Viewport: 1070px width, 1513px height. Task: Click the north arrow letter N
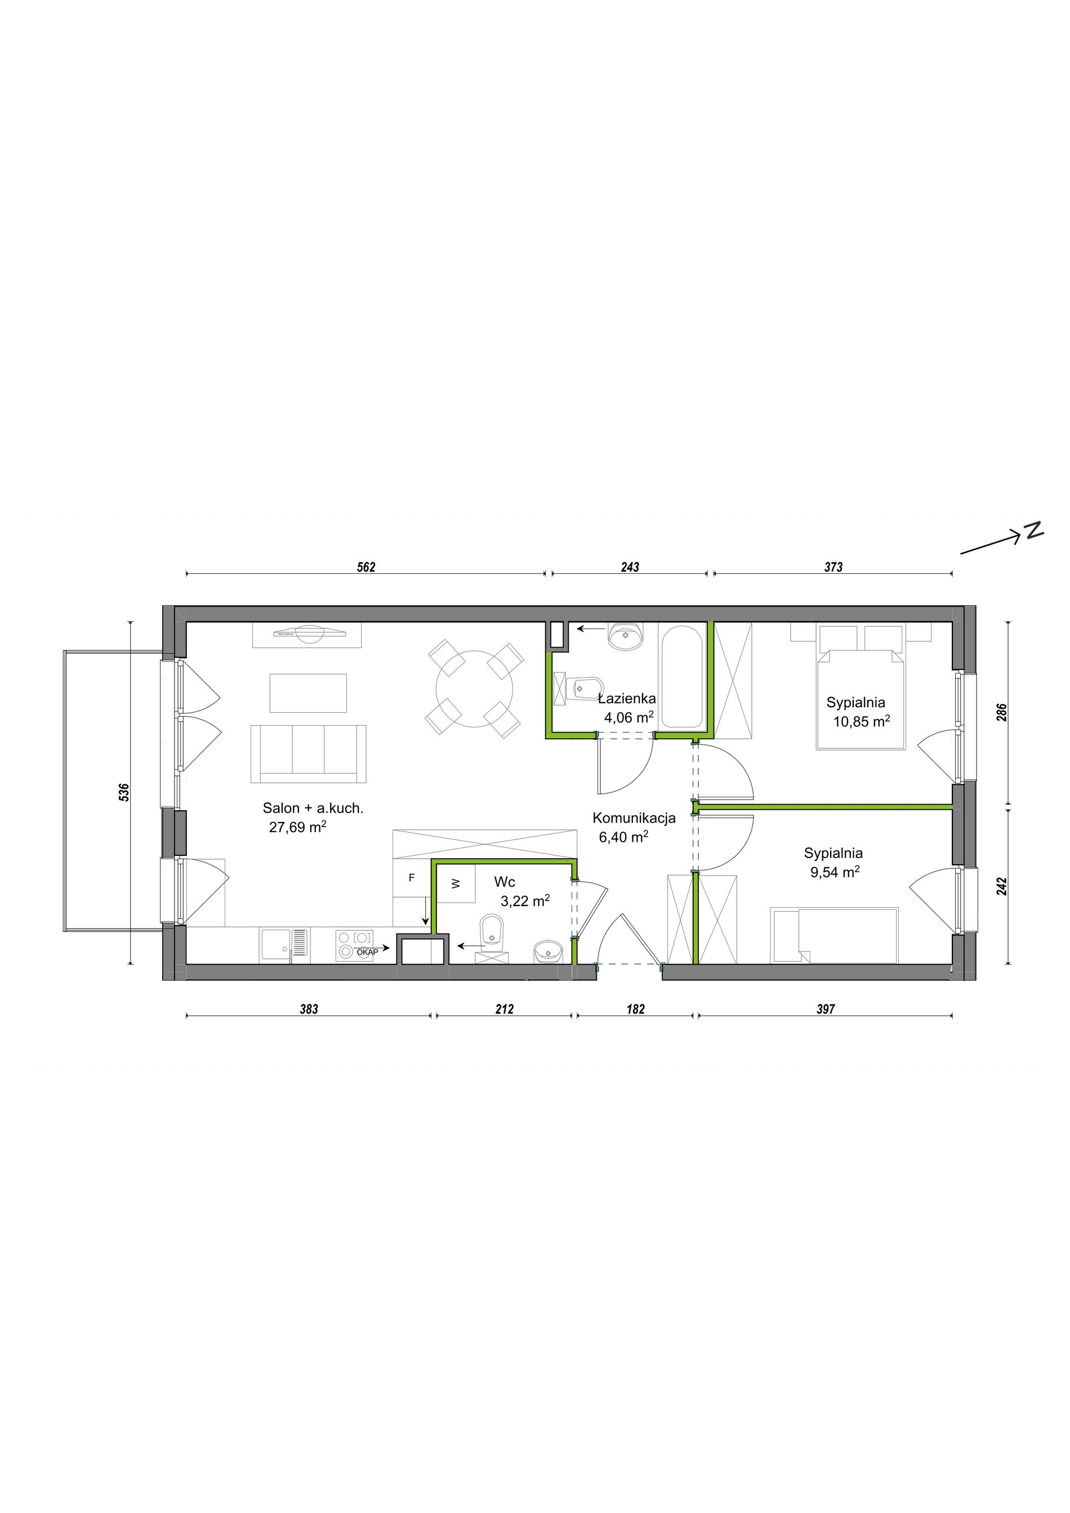coord(1035,530)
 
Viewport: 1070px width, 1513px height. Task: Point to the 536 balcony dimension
coord(124,792)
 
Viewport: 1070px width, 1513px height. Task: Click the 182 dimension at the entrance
coord(636,1009)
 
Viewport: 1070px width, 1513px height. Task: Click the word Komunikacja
coord(634,819)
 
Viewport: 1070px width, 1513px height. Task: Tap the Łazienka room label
coord(627,699)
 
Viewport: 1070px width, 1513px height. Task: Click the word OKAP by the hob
coord(368,952)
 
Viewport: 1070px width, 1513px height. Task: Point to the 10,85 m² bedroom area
coord(862,721)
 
